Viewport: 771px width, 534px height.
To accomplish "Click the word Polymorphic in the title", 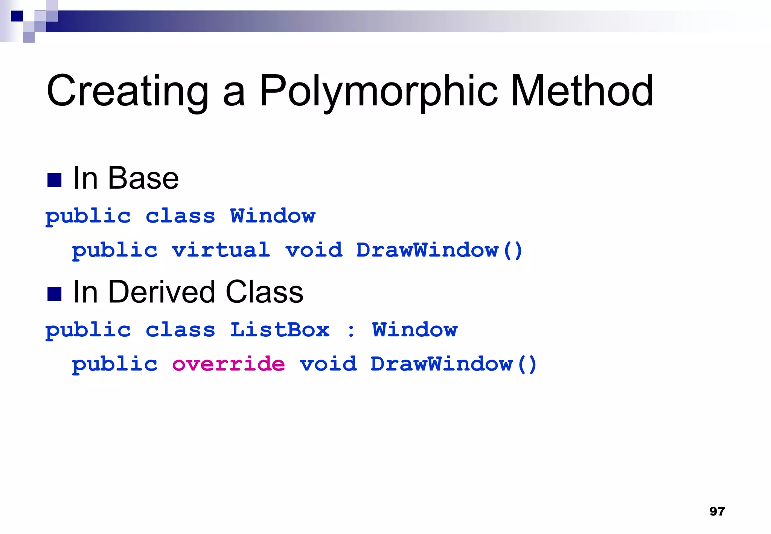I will tap(379, 91).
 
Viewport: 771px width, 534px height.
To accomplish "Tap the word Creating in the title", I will tap(127, 91).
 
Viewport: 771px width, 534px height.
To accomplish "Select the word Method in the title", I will tap(582, 91).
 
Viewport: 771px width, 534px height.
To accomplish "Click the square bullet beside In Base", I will tap(54, 180).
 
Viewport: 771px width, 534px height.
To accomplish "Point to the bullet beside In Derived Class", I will tap(54, 294).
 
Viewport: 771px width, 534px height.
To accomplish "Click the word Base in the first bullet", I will tap(143, 179).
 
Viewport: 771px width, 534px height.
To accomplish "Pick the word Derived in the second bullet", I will tap(161, 292).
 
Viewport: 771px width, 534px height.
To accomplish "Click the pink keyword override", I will tap(229, 364).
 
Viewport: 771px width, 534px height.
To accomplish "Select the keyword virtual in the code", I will tap(221, 250).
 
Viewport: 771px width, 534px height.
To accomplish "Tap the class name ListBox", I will tap(280, 330).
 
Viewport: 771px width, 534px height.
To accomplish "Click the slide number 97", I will tap(717, 511).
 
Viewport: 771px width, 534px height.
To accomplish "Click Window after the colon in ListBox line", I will tap(414, 330).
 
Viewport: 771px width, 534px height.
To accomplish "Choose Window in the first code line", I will tap(273, 216).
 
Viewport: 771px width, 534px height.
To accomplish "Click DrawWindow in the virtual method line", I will tap(427, 250).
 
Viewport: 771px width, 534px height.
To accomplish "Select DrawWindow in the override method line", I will tap(442, 364).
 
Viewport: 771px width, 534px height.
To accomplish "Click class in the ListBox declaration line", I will tap(180, 330).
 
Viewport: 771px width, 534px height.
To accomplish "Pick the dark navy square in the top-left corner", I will tap(17, 16).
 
